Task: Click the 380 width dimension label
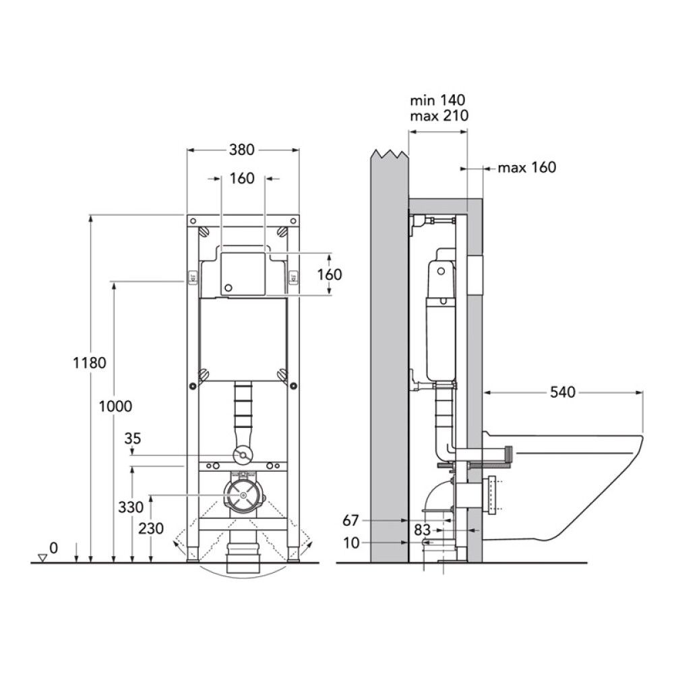(x=241, y=150)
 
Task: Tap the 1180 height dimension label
(x=90, y=363)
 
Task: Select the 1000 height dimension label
(x=115, y=406)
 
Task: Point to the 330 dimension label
(x=131, y=508)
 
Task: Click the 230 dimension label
(x=151, y=528)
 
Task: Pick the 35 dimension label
(x=132, y=439)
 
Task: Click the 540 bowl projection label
(x=563, y=392)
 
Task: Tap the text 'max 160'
(x=527, y=167)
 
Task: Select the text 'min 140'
(x=437, y=100)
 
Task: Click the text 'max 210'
(x=439, y=116)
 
